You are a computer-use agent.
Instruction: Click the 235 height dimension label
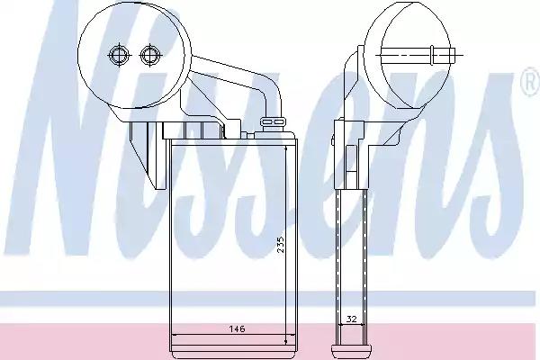pyautogui.click(x=282, y=245)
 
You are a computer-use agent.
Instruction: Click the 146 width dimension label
pyautogui.click(x=238, y=329)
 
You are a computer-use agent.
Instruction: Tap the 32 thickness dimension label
pyautogui.click(x=351, y=319)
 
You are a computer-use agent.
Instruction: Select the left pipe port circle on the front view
pyautogui.click(x=119, y=55)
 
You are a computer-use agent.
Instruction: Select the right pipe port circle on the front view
pyautogui.click(x=149, y=55)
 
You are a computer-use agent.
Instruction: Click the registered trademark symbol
pyautogui.click(x=530, y=81)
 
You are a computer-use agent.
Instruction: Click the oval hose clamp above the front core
pyautogui.click(x=274, y=121)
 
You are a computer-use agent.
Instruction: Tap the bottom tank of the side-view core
pyautogui.click(x=351, y=352)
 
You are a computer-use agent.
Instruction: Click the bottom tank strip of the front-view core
pyautogui.click(x=233, y=351)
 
